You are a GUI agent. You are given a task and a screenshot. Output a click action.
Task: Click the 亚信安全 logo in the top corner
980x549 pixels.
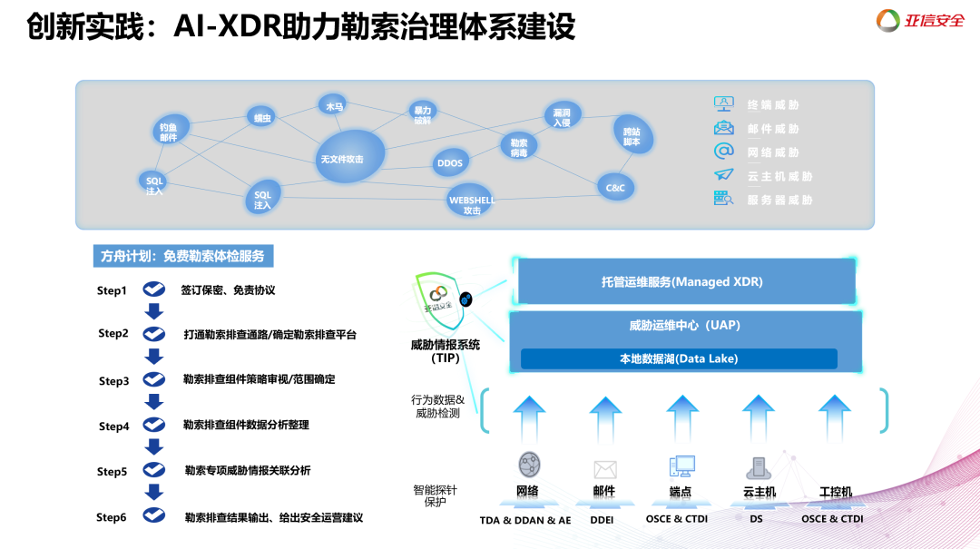920,20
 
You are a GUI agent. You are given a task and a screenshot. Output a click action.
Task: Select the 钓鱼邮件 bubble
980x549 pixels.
169,132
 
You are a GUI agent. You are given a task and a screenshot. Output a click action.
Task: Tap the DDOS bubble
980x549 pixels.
450,163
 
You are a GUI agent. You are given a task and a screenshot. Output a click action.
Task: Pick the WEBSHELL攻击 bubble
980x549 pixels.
472,202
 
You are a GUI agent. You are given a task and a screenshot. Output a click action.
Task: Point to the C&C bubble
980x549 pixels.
615,188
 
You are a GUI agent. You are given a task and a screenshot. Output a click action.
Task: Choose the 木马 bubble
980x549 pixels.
334,106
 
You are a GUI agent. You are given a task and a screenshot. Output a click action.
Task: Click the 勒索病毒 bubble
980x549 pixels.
519,148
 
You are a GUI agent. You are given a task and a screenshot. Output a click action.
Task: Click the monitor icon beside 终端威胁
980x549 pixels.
723,103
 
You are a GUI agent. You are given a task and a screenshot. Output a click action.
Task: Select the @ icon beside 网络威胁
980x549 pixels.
723,152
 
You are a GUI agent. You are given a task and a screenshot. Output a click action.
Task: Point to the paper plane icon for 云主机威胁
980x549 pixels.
723,175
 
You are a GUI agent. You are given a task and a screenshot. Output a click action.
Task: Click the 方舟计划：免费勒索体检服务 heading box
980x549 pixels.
183,257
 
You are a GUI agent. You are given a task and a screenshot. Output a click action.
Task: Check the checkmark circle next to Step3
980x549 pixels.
154,380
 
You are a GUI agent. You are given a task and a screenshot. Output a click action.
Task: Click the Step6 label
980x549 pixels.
112,517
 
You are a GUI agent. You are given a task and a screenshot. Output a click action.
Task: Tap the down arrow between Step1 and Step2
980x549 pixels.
154,312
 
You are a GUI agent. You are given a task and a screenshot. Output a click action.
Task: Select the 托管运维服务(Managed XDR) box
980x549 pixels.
682,282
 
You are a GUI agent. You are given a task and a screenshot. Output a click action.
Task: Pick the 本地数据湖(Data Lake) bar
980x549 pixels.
679,358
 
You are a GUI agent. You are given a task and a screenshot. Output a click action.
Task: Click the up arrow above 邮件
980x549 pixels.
604,415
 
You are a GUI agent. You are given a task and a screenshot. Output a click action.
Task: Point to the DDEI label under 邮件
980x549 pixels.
604,520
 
